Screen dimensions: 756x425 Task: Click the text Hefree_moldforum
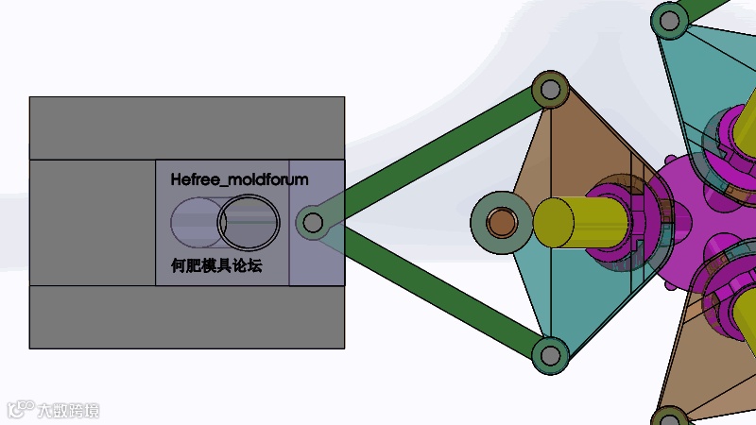pos(239,178)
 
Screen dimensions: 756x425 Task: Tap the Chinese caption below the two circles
pos(210,266)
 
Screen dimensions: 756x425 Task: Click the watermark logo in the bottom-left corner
pos(53,410)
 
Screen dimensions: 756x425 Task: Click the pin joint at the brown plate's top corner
pos(548,91)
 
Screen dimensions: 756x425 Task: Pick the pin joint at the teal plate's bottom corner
pos(549,355)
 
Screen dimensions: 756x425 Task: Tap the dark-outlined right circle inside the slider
pos(249,223)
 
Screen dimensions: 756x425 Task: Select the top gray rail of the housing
pos(186,128)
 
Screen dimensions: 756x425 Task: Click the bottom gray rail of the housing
pos(186,316)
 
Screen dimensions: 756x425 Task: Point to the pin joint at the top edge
pos(669,20)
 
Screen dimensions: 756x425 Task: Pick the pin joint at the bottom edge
pos(669,416)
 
